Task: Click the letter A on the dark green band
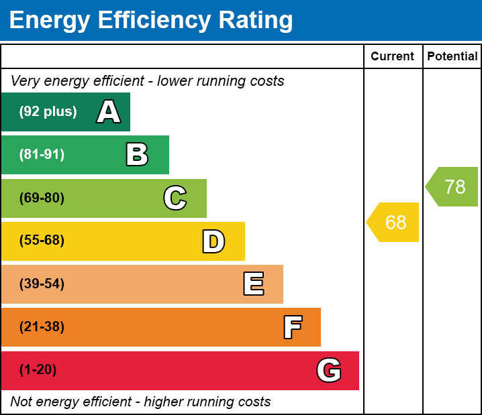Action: [109, 112]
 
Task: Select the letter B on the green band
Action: [137, 155]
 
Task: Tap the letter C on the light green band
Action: [175, 198]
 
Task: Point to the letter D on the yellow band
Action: [213, 241]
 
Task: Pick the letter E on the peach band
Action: [253, 284]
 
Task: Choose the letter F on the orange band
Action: [292, 327]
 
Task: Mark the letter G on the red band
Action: [329, 370]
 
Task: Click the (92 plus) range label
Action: [48, 112]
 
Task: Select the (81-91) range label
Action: [42, 155]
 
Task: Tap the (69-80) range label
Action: [42, 198]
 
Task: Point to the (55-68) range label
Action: [42, 241]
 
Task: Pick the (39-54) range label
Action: [42, 284]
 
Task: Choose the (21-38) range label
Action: [42, 327]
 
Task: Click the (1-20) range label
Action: [38, 370]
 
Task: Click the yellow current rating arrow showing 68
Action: [394, 222]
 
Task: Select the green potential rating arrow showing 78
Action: [453, 186]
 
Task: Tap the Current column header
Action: [393, 57]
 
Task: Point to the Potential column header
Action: [452, 57]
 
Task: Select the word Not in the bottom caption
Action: [22, 402]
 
